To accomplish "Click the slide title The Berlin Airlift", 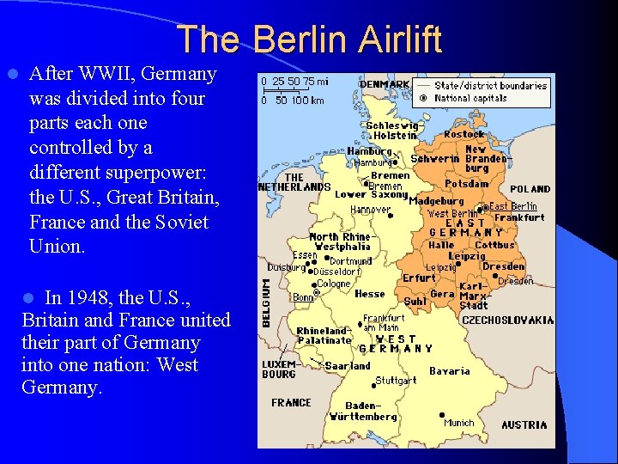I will tap(309, 39).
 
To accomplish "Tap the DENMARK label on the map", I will tap(385, 84).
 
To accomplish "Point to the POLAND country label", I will tap(530, 189).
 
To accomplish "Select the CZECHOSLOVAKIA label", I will tap(508, 320).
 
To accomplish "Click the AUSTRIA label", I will tap(524, 424).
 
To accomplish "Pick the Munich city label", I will tap(458, 423).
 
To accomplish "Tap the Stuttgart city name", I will tap(396, 380).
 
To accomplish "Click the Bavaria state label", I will tap(450, 371).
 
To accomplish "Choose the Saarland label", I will tap(348, 366).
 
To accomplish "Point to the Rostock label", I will tap(464, 134).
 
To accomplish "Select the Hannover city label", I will tap(370, 209).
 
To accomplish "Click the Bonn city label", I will tap(303, 297).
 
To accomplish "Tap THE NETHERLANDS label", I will tap(294, 182).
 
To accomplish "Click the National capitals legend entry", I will tap(470, 98).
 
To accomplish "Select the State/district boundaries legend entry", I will tap(490, 85).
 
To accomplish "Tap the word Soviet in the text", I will tap(180, 222).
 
